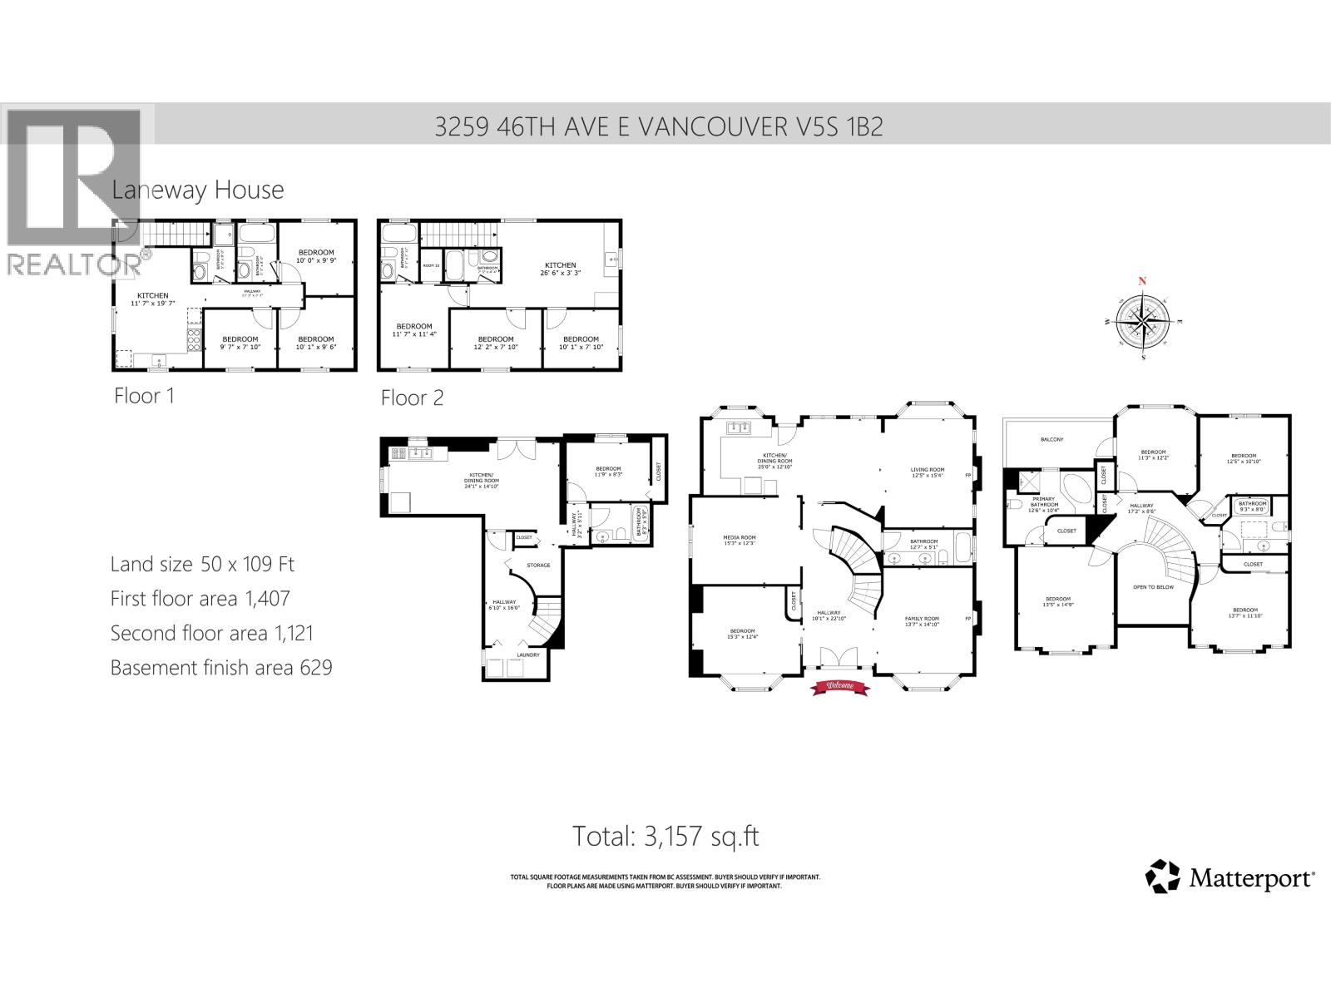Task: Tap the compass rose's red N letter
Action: [1143, 281]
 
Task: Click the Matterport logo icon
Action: [1162, 877]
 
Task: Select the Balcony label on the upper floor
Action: [1051, 439]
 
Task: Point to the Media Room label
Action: [739, 538]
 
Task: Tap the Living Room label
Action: [928, 470]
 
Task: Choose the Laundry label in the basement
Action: [527, 655]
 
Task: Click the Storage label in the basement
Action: [538, 566]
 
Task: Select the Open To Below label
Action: [1153, 587]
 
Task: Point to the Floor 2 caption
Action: [412, 398]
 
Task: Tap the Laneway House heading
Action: [198, 190]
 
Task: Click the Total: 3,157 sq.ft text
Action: [665, 836]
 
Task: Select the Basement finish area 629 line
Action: [221, 667]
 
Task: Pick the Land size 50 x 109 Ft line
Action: [202, 564]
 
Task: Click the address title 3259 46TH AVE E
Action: [658, 126]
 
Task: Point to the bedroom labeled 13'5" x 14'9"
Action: [1057, 603]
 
